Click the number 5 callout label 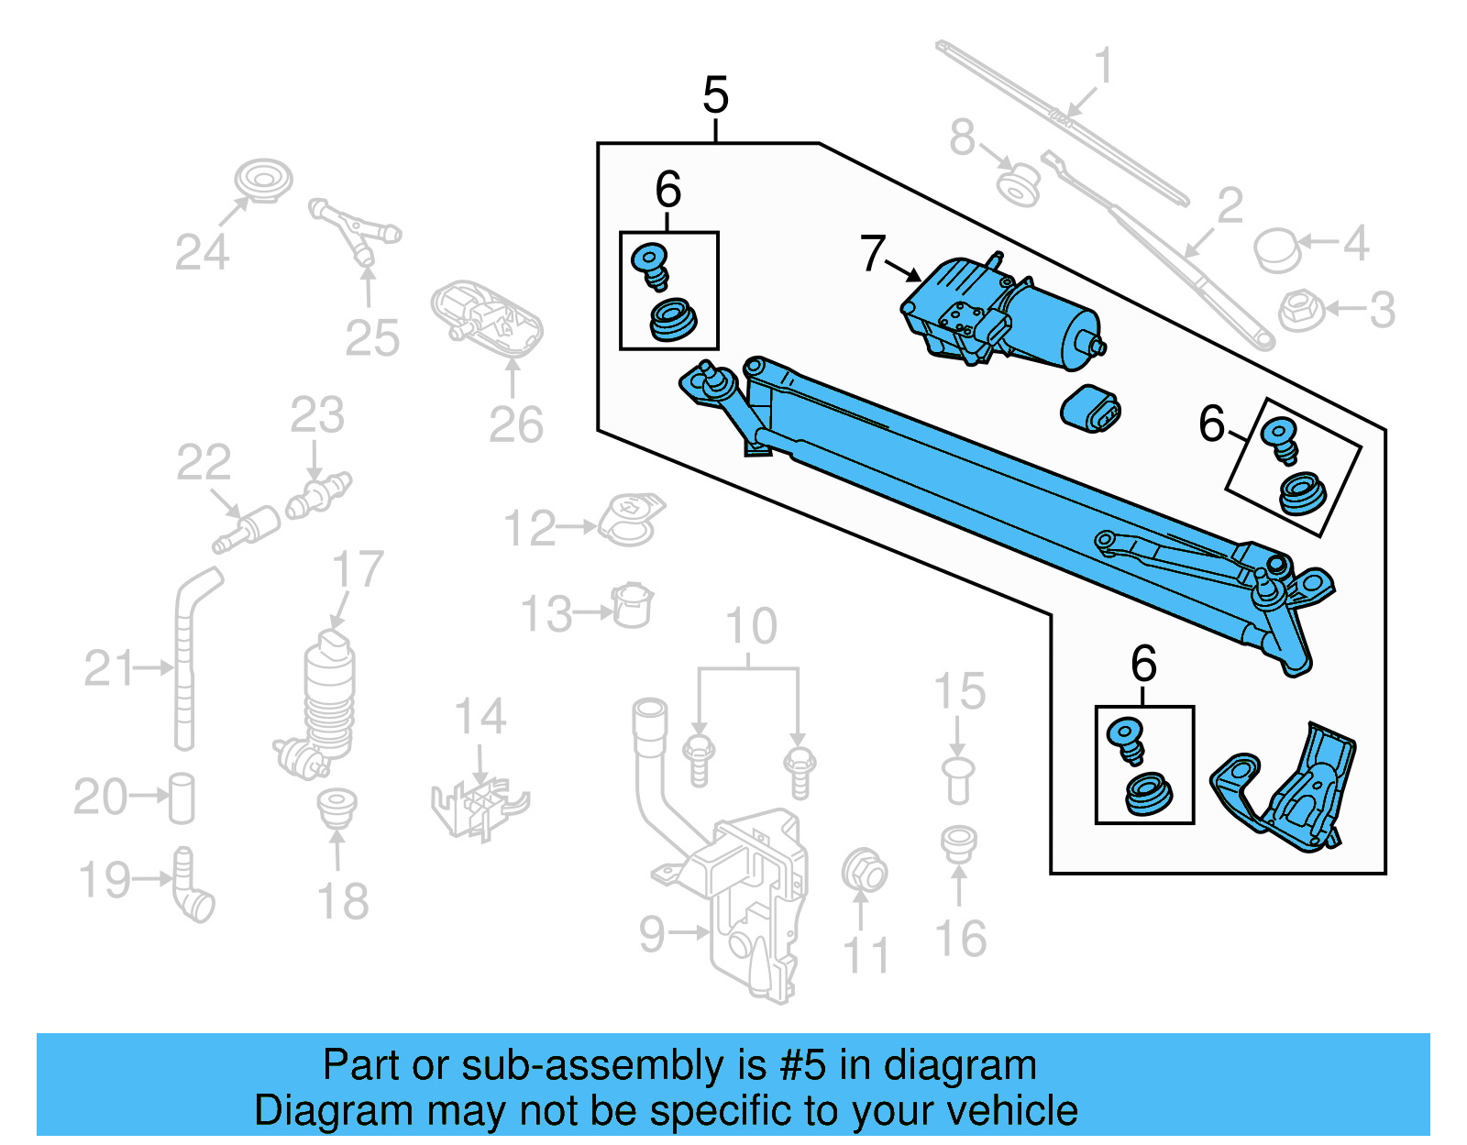coord(715,95)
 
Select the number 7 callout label coord(872,254)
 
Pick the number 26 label coord(515,425)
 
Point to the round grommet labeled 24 coord(263,180)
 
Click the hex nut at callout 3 coord(1300,310)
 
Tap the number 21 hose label coord(108,668)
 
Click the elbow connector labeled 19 coord(192,887)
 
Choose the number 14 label coord(480,717)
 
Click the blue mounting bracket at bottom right coord(1288,790)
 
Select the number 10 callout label coord(750,627)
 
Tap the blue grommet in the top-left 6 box coord(672,320)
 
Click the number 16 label coord(960,939)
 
